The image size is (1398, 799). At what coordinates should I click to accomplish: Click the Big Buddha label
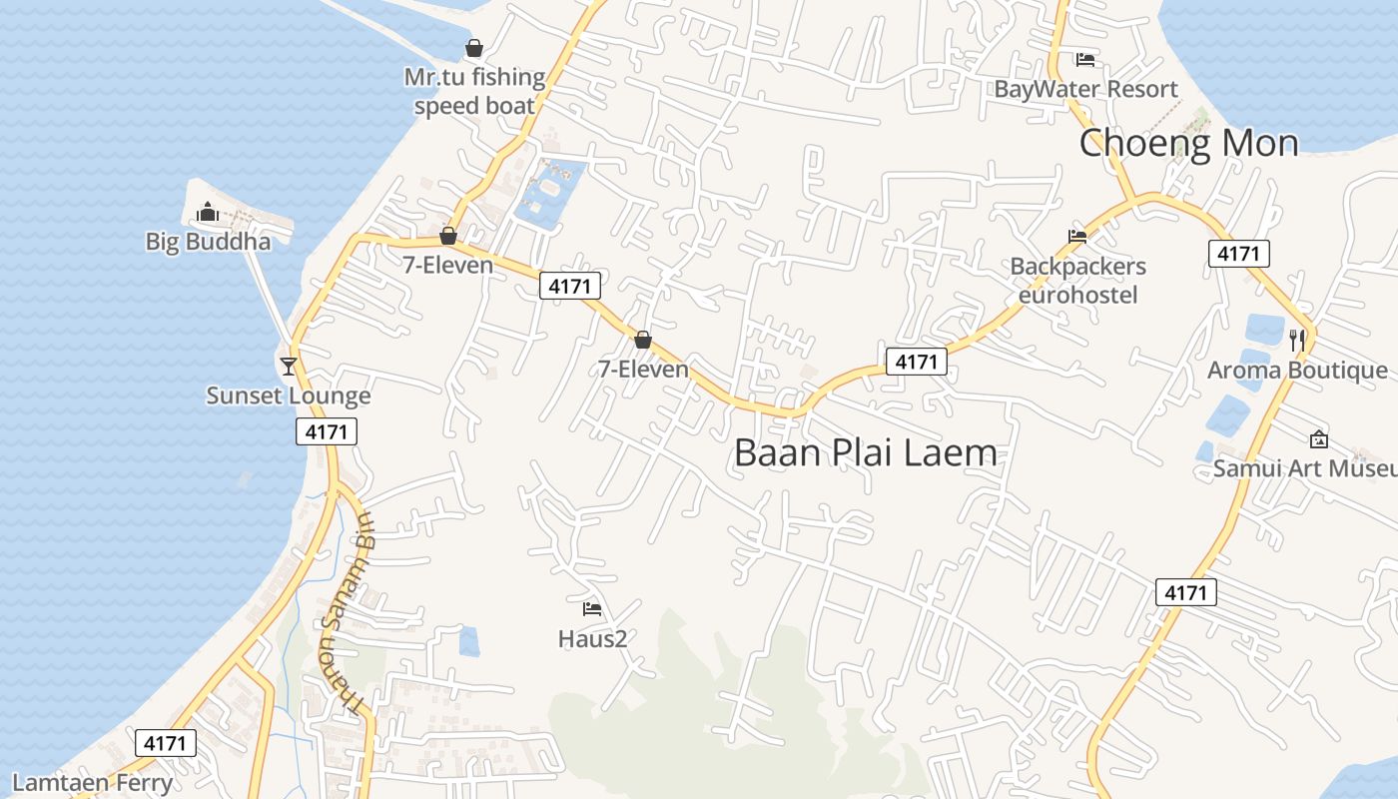[208, 242]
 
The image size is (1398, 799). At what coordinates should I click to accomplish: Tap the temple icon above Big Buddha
[208, 212]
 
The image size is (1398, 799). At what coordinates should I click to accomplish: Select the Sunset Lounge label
[288, 396]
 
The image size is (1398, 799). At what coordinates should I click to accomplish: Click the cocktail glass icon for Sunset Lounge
[289, 366]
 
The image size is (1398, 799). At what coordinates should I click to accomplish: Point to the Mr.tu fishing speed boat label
[474, 91]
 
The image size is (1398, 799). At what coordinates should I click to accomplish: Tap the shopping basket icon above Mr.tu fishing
[474, 48]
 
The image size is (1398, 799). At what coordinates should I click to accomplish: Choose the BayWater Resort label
[1085, 89]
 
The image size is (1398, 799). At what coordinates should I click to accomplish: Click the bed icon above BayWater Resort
[1085, 60]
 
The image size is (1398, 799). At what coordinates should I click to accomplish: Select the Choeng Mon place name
[1188, 143]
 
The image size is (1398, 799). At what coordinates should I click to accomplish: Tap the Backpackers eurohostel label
[1077, 281]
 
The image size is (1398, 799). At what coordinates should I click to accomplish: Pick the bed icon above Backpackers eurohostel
[1077, 237]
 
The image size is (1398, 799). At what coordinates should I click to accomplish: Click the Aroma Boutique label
[1297, 371]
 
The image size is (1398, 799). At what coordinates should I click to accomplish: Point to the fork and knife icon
[1297, 340]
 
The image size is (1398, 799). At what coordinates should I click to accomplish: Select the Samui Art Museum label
[1304, 467]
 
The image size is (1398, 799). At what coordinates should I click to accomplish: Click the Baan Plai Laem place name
[865, 452]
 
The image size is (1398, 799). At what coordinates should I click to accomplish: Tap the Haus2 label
[592, 638]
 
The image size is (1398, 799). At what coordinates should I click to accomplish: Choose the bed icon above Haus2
[592, 608]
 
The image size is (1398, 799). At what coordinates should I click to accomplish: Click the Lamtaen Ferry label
[92, 782]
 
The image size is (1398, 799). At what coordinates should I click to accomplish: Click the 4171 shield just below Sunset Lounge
[326, 431]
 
